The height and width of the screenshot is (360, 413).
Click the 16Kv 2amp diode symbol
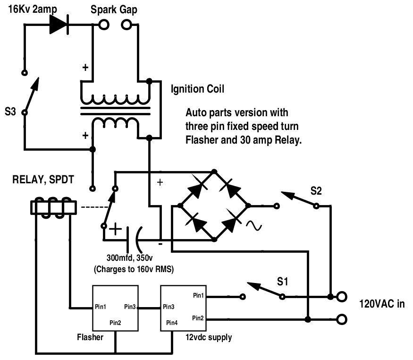[x=59, y=25]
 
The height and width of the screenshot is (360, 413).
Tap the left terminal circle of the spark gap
[x=104, y=25]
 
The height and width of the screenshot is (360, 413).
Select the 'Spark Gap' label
[x=114, y=10]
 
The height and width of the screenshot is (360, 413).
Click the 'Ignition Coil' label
[x=198, y=89]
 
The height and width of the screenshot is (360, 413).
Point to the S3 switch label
[x=10, y=111]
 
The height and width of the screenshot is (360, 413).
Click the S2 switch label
[x=316, y=190]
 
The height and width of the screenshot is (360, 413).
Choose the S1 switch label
[x=283, y=282]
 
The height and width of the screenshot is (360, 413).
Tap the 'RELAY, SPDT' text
[x=43, y=180]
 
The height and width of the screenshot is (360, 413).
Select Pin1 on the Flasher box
[x=101, y=307]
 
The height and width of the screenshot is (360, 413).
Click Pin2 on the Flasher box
[x=115, y=323]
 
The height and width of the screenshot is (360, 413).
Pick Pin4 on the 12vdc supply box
[x=172, y=323]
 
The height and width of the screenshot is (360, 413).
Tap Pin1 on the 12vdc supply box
[x=198, y=295]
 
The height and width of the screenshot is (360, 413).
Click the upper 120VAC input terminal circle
[x=342, y=297]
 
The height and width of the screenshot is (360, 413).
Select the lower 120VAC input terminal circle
[x=342, y=319]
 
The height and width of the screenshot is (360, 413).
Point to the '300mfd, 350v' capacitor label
[x=130, y=257]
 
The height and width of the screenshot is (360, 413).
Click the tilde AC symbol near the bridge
[x=254, y=226]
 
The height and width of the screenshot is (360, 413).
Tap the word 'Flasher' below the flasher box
[x=90, y=337]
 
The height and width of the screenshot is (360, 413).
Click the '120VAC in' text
[x=382, y=304]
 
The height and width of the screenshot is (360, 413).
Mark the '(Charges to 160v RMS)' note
[x=134, y=269]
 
